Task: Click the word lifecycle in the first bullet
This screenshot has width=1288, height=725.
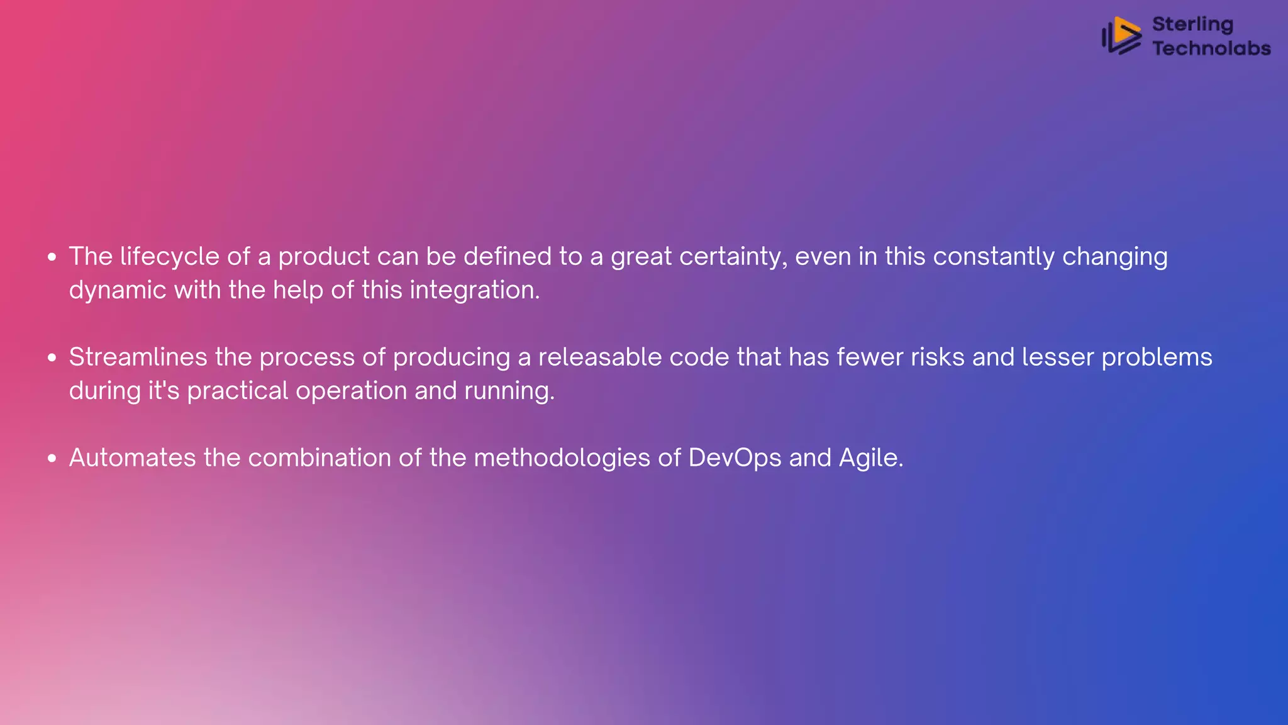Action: click(169, 257)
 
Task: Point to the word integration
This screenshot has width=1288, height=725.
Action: click(474, 290)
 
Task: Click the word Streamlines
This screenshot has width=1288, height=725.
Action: click(138, 357)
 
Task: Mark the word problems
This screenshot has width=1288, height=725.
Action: click(1157, 357)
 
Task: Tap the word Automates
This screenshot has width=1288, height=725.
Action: click(132, 458)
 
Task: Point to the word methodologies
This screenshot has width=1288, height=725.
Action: click(562, 458)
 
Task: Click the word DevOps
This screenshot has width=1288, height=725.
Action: click(735, 458)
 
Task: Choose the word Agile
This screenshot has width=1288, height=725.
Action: click(870, 458)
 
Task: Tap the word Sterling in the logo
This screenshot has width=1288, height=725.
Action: click(1192, 24)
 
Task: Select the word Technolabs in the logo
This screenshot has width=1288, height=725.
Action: click(1211, 48)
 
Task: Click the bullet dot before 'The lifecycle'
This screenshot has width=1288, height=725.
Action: click(52, 257)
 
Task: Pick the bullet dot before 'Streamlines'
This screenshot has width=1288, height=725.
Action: click(52, 357)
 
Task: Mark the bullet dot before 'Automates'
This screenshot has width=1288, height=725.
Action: click(52, 458)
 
